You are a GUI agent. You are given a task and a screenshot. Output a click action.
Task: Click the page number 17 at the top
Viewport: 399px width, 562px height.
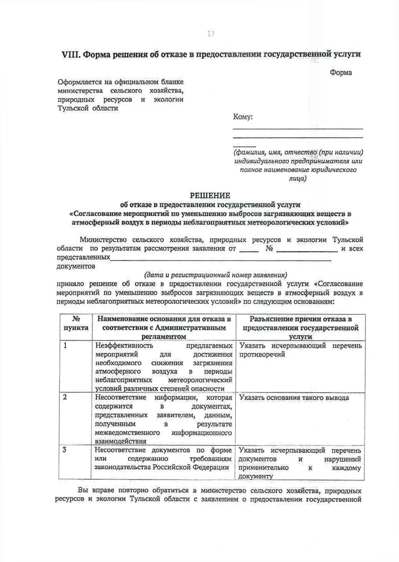coord(210,34)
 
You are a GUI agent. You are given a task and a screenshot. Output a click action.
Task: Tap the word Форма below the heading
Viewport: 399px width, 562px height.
coord(341,73)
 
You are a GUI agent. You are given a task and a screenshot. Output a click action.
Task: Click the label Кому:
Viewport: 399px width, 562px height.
coord(243,117)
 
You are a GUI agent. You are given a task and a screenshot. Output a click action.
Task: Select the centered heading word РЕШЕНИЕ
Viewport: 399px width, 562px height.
coord(210,195)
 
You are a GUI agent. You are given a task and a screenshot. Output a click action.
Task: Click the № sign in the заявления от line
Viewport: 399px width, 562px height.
coord(269,249)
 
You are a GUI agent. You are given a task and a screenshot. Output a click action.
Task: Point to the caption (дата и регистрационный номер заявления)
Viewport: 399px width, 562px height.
coord(215,275)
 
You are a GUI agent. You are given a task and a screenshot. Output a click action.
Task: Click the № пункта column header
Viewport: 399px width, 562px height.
coord(76,323)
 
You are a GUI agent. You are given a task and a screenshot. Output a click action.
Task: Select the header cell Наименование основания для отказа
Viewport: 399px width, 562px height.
coord(164,327)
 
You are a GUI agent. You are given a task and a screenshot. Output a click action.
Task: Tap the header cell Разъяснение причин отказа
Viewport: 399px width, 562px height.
coord(300,327)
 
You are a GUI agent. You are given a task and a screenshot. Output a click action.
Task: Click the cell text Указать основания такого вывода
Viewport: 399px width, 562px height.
coord(294,398)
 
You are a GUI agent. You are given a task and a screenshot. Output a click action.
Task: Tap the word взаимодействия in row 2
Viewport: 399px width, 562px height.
coord(121,441)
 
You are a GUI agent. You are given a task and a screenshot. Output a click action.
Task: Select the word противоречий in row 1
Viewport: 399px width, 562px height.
coord(262,354)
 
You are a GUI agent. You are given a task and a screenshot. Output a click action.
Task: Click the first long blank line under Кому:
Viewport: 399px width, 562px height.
coord(298,128)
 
